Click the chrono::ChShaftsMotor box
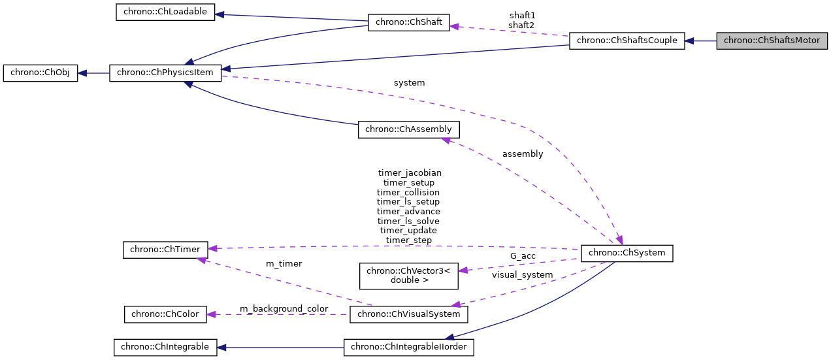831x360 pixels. point(772,41)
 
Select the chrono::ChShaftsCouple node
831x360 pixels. point(627,41)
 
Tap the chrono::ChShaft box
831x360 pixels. point(409,22)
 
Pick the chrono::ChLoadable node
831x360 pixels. point(165,12)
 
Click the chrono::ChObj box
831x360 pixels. point(41,73)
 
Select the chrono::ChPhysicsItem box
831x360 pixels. point(165,73)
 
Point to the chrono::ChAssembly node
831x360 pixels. point(408,129)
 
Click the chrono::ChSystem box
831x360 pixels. point(627,252)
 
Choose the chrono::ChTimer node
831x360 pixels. point(165,249)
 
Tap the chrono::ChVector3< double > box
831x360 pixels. point(409,276)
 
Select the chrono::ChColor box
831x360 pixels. point(165,314)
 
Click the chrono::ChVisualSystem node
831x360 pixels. point(409,314)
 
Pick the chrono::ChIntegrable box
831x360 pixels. point(165,347)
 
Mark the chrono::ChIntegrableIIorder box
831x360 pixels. point(409,347)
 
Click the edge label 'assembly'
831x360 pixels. point(522,154)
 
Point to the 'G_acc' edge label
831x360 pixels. point(523,256)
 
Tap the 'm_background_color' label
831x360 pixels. point(284,308)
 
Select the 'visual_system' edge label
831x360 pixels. point(522,275)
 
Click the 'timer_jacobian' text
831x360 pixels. point(410,173)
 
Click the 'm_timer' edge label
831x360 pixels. point(284,263)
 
